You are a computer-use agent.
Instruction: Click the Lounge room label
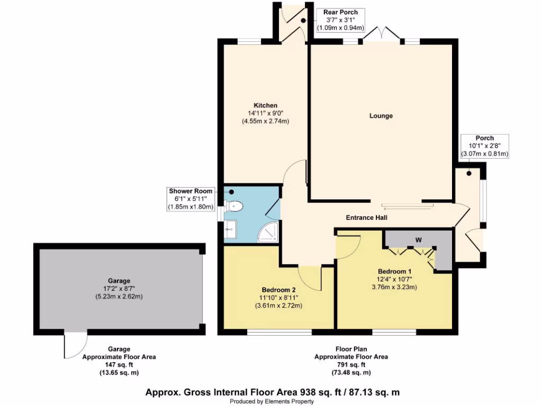pos(381,116)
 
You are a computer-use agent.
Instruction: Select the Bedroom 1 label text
pos(394,271)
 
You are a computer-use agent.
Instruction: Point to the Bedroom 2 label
pos(278,289)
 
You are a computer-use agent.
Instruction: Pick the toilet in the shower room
pos(234,206)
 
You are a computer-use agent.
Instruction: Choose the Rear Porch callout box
pos(340,20)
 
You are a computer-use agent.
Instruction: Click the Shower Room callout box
pos(191,199)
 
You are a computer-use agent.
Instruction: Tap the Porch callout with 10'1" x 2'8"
pos(484,146)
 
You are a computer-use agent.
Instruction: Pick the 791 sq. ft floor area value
pos(351,365)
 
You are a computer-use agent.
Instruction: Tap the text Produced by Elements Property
pos(272,401)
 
